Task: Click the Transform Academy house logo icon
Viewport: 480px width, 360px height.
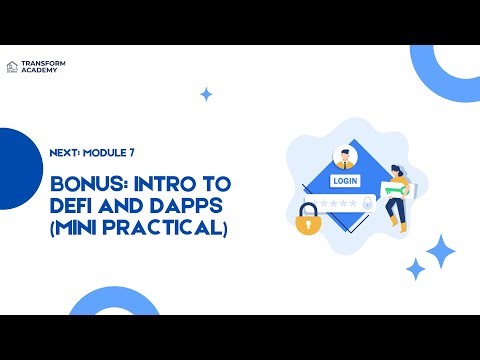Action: pos(12,67)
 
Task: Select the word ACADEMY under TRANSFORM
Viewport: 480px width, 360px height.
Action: pos(38,71)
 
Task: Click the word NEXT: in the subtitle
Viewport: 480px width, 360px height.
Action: pos(66,153)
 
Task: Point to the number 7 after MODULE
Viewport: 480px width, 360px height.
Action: pos(131,153)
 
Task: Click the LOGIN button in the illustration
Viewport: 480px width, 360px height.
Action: pos(345,181)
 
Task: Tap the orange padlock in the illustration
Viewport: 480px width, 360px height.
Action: pos(306,222)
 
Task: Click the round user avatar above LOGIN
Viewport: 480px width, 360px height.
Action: pos(345,157)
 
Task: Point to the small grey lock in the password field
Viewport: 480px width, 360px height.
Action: pos(367,204)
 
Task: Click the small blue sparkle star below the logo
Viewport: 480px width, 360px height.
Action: pos(206,95)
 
